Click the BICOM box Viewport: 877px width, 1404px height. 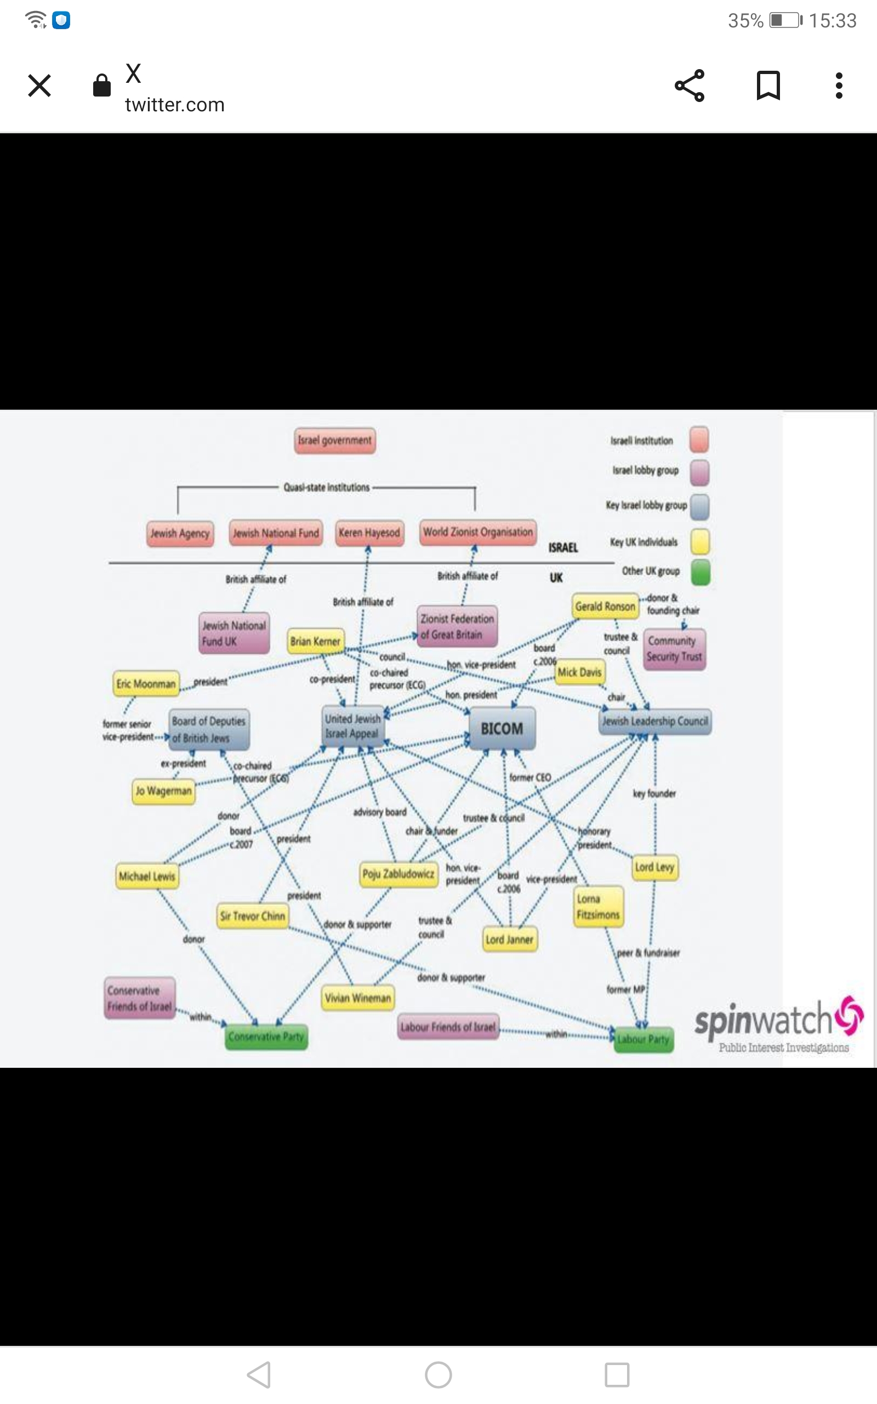pyautogui.click(x=502, y=728)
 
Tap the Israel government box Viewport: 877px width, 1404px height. pyautogui.click(x=335, y=440)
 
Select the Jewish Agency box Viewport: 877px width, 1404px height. pyautogui.click(x=180, y=533)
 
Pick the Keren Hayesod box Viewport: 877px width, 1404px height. pyautogui.click(x=369, y=533)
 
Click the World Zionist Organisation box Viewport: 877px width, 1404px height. pyautogui.click(x=477, y=532)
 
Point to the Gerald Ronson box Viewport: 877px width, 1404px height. pyautogui.click(x=605, y=606)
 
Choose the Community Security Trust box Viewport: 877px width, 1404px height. pyautogui.click(x=674, y=649)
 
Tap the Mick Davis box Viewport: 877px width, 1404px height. pyautogui.click(x=579, y=672)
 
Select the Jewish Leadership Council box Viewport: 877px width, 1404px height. pyautogui.click(x=655, y=721)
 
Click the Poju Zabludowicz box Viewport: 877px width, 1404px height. pyautogui.click(x=398, y=874)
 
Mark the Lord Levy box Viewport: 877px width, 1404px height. pyautogui.click(x=654, y=867)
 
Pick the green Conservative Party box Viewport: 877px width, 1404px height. pyautogui.click(x=266, y=1037)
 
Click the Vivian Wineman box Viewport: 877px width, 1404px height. pyautogui.click(x=358, y=998)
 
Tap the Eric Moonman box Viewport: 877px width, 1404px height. pyautogui.click(x=146, y=684)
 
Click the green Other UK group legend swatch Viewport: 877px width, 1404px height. pyautogui.click(x=700, y=571)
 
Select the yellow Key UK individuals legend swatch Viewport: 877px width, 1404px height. pyautogui.click(x=700, y=542)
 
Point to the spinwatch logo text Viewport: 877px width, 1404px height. pyautogui.click(x=764, y=1020)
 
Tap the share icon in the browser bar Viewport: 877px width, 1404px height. pyautogui.click(x=690, y=86)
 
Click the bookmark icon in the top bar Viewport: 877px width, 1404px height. pyautogui.click(x=768, y=86)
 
